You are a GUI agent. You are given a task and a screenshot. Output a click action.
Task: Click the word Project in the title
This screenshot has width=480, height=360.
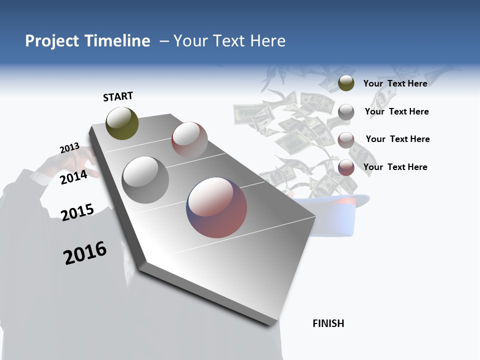point(52,41)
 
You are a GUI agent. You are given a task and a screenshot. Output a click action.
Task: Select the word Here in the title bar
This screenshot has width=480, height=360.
point(267,41)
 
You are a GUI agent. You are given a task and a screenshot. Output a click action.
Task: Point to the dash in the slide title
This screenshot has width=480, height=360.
point(164,41)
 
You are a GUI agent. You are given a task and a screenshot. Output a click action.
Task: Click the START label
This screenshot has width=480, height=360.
point(118,96)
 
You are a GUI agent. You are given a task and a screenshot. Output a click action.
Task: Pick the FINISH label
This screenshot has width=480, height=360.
point(328,323)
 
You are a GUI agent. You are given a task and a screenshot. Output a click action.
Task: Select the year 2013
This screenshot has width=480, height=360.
point(69,148)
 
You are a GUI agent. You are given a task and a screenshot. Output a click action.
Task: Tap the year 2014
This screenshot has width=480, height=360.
point(73,177)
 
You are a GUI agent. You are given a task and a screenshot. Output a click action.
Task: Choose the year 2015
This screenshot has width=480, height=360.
point(77,212)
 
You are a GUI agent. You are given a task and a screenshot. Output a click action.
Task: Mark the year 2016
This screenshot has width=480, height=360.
point(85,253)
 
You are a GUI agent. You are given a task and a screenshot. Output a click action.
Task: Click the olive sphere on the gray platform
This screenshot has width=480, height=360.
point(122,123)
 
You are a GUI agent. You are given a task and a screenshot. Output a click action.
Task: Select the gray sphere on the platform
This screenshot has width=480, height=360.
point(145,180)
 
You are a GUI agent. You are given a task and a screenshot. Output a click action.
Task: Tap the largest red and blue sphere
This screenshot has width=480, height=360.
point(216,207)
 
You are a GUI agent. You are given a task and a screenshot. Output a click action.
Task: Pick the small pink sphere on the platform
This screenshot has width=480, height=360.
point(189,139)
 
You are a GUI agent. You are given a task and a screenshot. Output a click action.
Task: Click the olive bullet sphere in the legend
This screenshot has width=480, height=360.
point(346,83)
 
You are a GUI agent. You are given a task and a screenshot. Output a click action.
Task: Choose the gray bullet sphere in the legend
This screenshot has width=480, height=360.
point(346,112)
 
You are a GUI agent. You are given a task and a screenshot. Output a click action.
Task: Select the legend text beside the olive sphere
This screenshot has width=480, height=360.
point(395,83)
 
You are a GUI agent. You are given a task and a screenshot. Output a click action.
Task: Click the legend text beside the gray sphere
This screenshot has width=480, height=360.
point(396,111)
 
